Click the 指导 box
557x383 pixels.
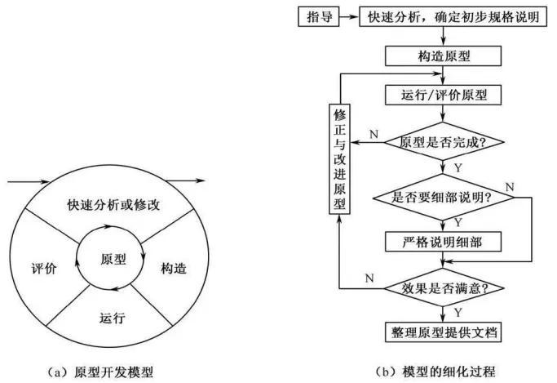(319, 16)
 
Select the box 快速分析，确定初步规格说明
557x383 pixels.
(453, 16)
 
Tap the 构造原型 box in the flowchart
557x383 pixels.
(443, 56)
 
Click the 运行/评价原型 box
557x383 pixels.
(443, 95)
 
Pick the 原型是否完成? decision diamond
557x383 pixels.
(443, 142)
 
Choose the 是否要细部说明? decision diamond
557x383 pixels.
(443, 197)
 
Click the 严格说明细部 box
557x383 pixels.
(443, 242)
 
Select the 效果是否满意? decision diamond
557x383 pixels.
(444, 287)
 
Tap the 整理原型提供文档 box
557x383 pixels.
(443, 332)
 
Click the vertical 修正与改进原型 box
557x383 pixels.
(339, 159)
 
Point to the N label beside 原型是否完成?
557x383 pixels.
(374, 135)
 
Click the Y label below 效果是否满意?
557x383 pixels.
(458, 313)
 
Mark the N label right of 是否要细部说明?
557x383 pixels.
(510, 187)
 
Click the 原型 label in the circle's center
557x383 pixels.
(113, 259)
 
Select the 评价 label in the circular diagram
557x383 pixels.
(44, 268)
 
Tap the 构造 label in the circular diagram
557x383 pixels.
(174, 268)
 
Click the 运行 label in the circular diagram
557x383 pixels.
(113, 318)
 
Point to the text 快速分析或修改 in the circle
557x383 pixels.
(113, 205)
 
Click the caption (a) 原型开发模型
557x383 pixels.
(100, 372)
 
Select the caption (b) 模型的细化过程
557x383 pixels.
(435, 372)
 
